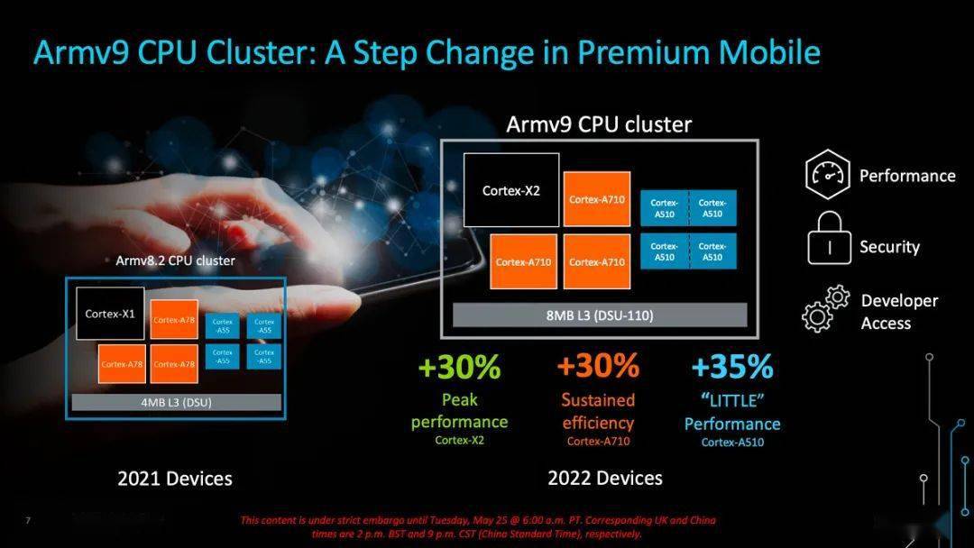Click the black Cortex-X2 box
point(511,190)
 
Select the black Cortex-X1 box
point(110,314)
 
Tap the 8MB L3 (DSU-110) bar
point(600,315)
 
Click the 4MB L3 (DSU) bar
point(177,402)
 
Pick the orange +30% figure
point(598,365)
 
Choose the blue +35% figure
point(732,366)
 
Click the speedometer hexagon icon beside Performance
point(827,174)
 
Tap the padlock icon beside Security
point(830,238)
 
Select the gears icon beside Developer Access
point(825,308)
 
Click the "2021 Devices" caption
point(175,479)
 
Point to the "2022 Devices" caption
point(605,478)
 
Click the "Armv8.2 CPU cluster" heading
point(175,260)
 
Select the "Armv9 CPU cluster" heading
point(599,124)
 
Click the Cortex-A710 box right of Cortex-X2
point(597,198)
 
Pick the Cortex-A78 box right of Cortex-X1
point(174,320)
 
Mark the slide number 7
point(28,520)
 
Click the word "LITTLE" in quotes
point(732,401)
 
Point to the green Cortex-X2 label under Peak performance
point(459,440)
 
